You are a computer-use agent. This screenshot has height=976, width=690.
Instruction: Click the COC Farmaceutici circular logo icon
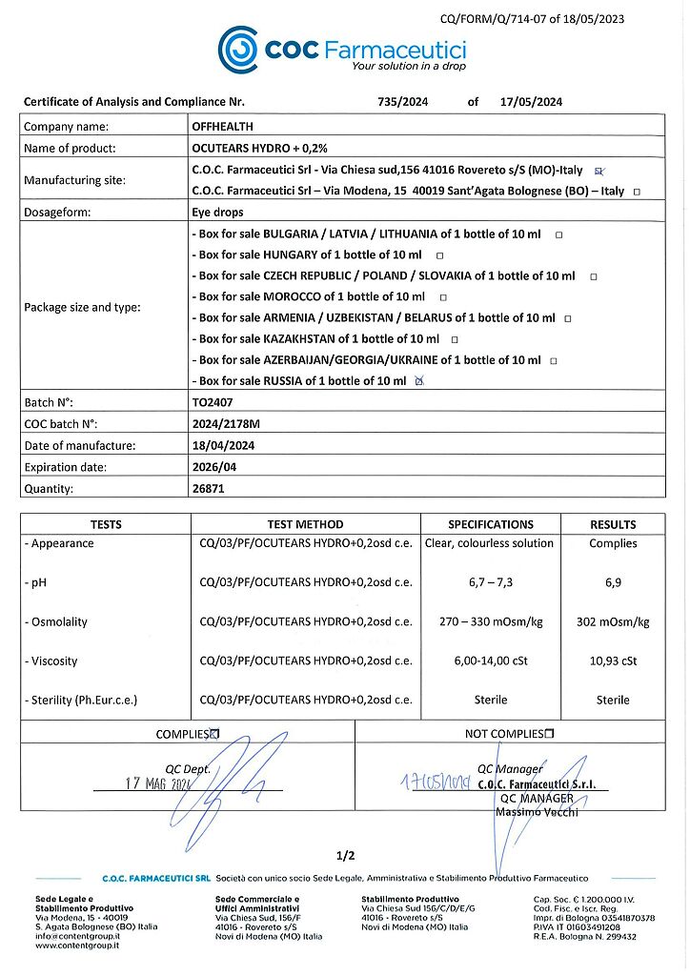[237, 49]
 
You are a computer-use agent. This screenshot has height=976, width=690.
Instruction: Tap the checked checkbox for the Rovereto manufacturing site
[599, 171]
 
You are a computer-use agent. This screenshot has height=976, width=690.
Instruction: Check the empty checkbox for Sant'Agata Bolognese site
[637, 192]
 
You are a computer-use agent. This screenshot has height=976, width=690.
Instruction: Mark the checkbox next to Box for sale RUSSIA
[420, 381]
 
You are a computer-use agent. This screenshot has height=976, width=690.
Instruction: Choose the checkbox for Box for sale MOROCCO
[443, 297]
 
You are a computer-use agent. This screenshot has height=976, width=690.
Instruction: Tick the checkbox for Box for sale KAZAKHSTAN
[455, 339]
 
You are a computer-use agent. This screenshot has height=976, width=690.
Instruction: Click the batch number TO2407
[213, 403]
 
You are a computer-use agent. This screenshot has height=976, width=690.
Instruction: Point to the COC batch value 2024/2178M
[229, 424]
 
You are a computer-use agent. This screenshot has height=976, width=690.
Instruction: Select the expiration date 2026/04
[216, 467]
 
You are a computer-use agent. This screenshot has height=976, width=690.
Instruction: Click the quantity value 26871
[209, 489]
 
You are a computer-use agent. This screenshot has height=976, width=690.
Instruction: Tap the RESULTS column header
[613, 524]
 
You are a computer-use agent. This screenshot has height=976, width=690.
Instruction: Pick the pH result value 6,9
[613, 582]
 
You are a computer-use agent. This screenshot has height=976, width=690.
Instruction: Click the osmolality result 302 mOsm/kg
[613, 621]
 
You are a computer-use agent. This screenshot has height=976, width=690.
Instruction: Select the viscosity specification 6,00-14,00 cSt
[491, 661]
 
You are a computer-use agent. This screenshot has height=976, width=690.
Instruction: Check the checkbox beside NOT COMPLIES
[549, 734]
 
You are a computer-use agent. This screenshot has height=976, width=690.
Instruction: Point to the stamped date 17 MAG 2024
[159, 783]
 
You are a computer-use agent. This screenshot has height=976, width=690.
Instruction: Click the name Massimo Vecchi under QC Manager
[537, 811]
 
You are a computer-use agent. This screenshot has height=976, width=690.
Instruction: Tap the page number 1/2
[345, 855]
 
